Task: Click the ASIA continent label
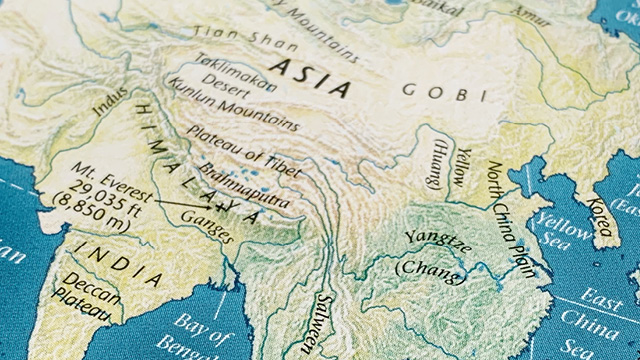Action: (311, 79)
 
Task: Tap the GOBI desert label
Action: (443, 92)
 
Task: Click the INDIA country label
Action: (119, 262)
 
